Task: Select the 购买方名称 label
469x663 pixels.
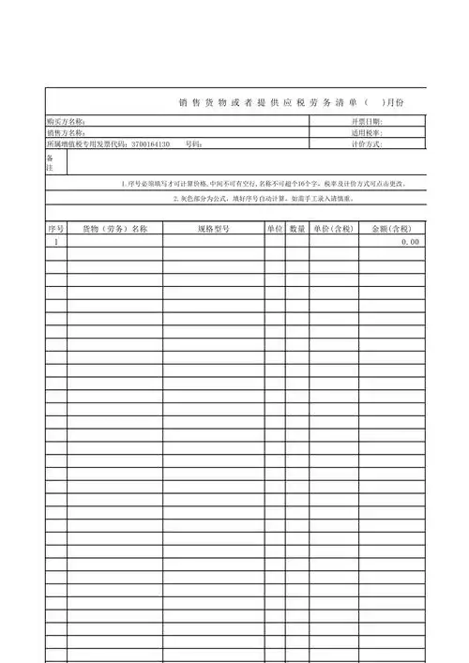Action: click(x=66, y=122)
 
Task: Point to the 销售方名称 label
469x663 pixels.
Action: click(x=66, y=133)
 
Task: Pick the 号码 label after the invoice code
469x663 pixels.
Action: click(x=194, y=144)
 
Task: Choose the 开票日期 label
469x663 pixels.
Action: click(x=367, y=122)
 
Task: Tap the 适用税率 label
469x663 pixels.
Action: click(x=367, y=133)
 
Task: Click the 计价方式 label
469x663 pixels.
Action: click(x=367, y=144)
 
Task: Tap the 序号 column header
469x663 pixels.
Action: click(x=55, y=229)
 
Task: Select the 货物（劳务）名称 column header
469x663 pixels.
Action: click(x=113, y=229)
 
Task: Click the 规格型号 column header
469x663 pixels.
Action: click(x=213, y=229)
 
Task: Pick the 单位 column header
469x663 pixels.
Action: click(x=274, y=229)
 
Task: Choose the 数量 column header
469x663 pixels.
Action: click(x=297, y=229)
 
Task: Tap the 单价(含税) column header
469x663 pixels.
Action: click(x=333, y=229)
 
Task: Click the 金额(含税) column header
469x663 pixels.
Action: click(x=391, y=229)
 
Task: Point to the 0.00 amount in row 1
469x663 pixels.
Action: click(x=410, y=242)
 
